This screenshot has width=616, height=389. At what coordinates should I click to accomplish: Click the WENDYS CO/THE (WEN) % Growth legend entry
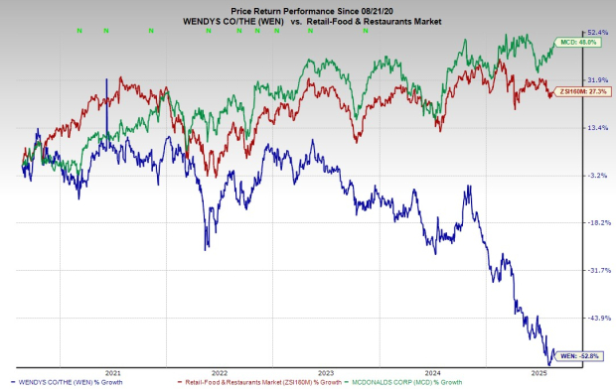coord(66,381)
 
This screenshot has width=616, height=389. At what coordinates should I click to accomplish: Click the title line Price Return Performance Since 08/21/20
coord(307,6)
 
